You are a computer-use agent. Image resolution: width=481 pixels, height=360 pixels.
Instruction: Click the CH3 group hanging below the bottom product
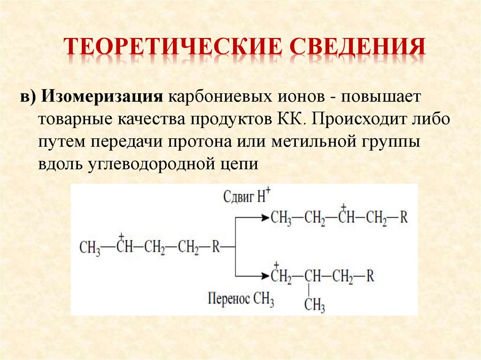click(314, 306)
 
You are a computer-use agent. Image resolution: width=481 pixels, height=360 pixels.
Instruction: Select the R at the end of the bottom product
click(370, 276)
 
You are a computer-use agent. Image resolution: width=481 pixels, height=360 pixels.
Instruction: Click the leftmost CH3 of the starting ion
click(90, 247)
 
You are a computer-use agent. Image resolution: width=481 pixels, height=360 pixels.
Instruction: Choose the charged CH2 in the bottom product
click(281, 276)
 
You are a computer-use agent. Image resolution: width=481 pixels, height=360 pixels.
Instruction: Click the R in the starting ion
click(216, 247)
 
